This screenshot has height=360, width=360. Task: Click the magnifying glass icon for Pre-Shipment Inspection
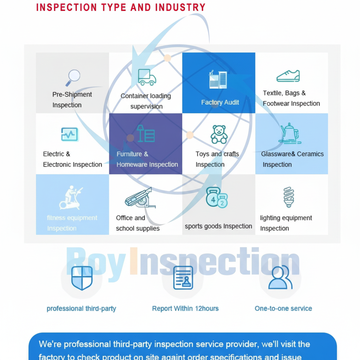tap(73, 78)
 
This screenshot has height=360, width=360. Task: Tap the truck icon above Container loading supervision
tap(147, 77)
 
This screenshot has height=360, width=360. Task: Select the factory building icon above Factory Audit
tap(218, 79)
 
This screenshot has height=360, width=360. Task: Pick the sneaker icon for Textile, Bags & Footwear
tap(288, 76)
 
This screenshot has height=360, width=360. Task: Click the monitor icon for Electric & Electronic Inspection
tap(70, 134)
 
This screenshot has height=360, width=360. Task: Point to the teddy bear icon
tap(219, 134)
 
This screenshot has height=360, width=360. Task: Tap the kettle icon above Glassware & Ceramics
tap(289, 133)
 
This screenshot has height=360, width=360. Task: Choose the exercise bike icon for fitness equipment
tap(71, 198)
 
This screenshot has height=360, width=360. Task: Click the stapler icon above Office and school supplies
tap(139, 198)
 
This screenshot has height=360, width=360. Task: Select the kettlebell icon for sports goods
tap(216, 198)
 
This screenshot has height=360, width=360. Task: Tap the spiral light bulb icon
tap(288, 197)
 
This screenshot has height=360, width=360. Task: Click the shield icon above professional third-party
tap(82, 278)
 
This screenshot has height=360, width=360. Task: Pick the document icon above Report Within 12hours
tap(183, 278)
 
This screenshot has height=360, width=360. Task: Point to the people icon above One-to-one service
tap(280, 277)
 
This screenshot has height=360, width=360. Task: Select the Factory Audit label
tap(220, 102)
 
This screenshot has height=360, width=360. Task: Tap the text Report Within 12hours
tap(185, 309)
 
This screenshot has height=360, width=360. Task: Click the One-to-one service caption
tap(283, 309)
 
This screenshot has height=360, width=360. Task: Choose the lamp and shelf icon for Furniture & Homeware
tap(146, 133)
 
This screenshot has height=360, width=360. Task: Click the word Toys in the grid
tap(202, 154)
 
